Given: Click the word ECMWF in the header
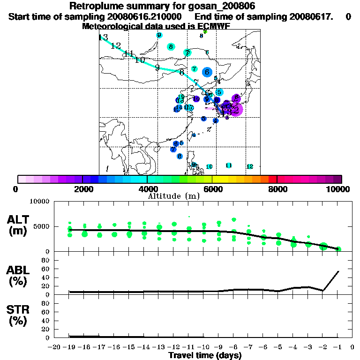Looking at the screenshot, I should point(213,26).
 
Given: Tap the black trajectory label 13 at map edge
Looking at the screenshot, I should point(103,37).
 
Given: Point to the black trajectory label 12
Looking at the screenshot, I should point(116,45).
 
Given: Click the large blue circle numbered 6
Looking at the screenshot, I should point(207,72).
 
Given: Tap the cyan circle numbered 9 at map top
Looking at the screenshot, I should point(160,35).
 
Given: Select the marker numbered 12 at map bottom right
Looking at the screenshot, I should point(250,166).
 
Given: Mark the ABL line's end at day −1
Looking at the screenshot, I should point(338,271).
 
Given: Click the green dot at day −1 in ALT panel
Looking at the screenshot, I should point(338,249).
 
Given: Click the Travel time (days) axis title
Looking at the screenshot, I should point(205,355).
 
